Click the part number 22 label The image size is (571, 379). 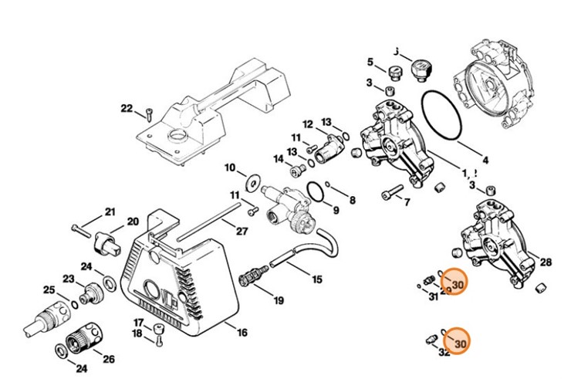tap(127, 108)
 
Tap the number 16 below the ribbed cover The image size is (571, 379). tap(242, 333)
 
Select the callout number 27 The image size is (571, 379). tap(242, 231)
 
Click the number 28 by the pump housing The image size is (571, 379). tap(546, 262)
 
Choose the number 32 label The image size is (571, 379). tap(444, 353)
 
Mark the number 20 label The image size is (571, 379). tap(132, 221)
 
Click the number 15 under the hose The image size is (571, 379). tap(317, 279)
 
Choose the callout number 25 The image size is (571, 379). tap(49, 290)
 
